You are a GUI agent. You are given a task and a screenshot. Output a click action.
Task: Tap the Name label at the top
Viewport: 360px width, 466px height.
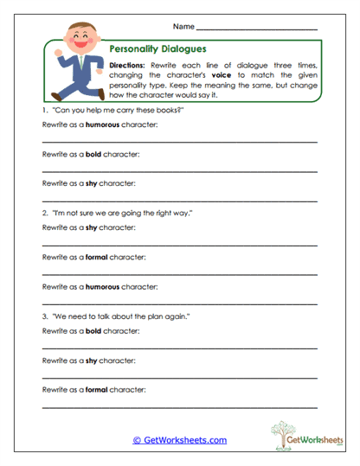(184, 28)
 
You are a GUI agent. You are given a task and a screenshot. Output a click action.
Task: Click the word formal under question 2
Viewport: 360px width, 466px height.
(97, 256)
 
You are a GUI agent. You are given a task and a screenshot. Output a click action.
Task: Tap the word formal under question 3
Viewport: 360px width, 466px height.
(97, 388)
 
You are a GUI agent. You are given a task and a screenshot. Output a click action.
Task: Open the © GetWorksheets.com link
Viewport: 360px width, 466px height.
(180, 440)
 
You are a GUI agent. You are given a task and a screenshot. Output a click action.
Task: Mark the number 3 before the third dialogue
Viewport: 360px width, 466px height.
(43, 316)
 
